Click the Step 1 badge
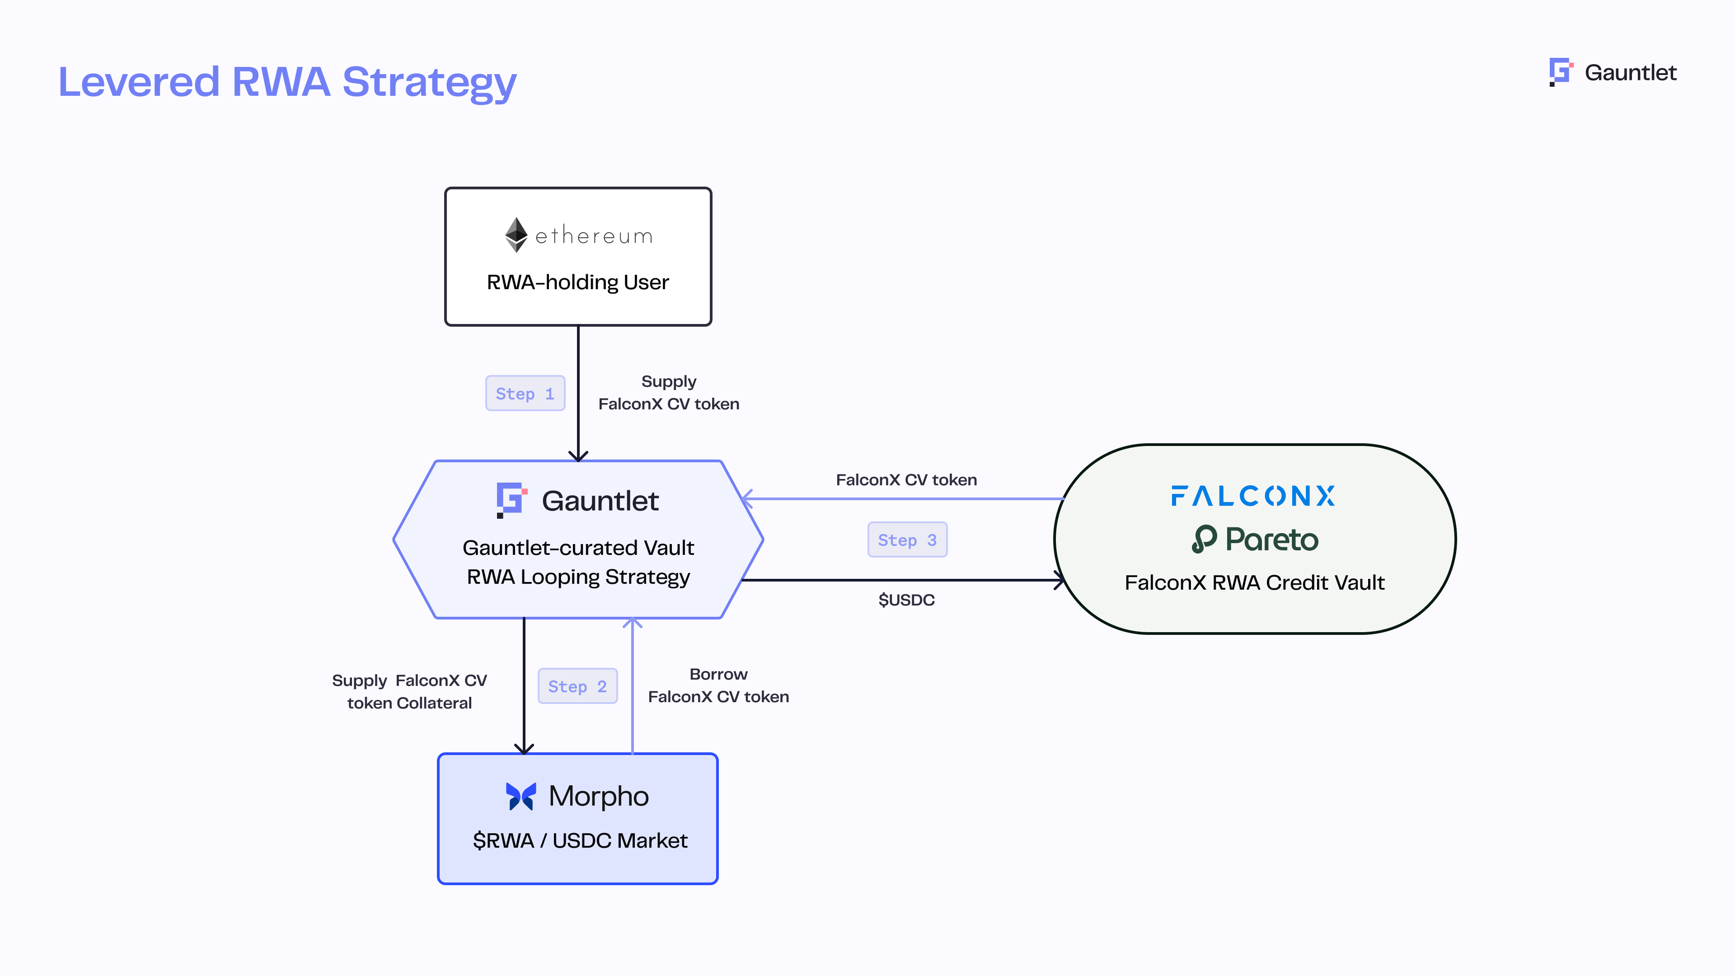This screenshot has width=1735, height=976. click(525, 394)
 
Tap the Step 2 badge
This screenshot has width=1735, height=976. click(577, 686)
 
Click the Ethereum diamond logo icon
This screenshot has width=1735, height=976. click(516, 235)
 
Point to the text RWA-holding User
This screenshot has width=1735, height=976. click(578, 282)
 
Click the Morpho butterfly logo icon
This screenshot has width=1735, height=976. click(520, 796)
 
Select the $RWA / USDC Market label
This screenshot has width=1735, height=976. click(580, 840)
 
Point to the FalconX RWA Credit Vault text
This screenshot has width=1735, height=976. click(1254, 582)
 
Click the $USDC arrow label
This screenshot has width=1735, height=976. click(906, 600)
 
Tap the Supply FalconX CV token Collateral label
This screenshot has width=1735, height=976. click(409, 692)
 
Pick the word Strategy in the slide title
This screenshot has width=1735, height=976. click(429, 83)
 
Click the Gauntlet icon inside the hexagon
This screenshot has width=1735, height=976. click(511, 500)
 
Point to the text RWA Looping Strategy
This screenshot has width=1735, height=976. click(578, 577)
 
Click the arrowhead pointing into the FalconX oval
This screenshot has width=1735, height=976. click(1059, 580)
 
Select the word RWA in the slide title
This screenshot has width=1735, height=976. click(281, 82)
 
